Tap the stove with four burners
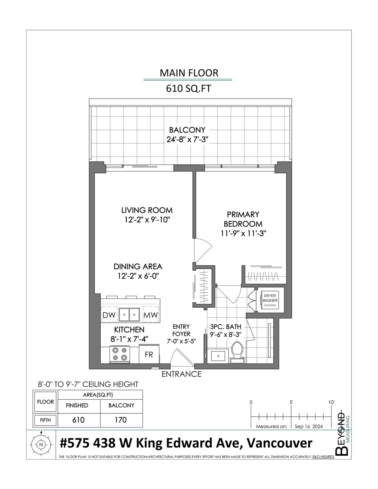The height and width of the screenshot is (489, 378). pos(120,354)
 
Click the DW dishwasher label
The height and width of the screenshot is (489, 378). pos(109,315)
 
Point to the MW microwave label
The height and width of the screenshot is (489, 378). pos(151,315)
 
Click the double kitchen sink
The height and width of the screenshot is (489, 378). pos(129,314)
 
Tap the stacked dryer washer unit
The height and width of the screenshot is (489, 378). pos(270,300)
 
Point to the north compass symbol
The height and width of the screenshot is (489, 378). pos(41,444)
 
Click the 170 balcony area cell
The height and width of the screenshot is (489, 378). pos(121,420)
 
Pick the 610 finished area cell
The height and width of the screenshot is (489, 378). pos(79,420)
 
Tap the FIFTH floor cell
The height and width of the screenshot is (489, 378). pos(45,420)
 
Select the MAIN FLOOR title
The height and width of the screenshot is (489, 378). pos(189,73)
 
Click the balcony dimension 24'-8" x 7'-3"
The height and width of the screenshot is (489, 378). pos(188,140)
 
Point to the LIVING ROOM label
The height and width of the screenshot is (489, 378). pos(147,211)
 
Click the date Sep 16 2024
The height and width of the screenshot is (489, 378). pos(309,426)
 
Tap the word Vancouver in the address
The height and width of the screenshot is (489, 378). pos(280,443)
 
